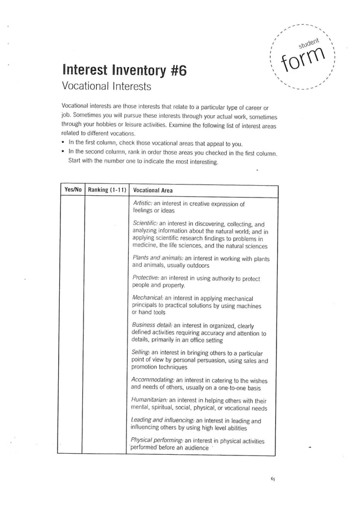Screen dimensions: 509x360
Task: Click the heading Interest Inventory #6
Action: tap(123, 72)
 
